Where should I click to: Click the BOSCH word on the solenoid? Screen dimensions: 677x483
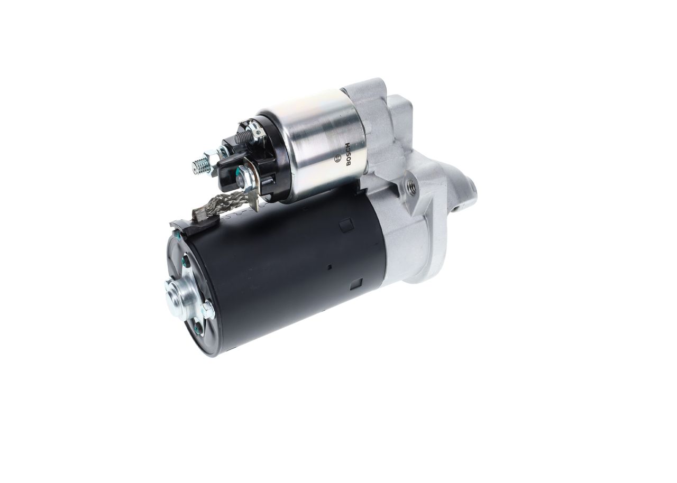coord(348,154)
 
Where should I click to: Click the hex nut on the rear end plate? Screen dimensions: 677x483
coord(208,310)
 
